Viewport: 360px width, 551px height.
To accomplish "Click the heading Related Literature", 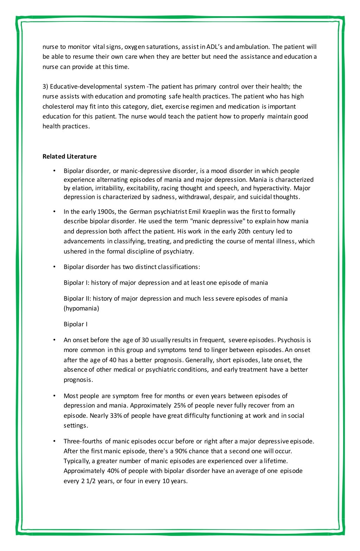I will click(x=69, y=156).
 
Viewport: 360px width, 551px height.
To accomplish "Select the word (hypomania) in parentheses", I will click(x=81, y=308).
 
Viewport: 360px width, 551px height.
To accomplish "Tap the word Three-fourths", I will click(x=83, y=441).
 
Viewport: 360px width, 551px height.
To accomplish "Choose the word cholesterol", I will click(x=58, y=107).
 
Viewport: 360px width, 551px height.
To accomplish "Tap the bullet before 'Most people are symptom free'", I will click(x=54, y=396).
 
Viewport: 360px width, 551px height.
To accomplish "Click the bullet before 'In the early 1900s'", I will click(x=54, y=212).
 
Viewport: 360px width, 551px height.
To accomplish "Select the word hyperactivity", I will click(x=271, y=188).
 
